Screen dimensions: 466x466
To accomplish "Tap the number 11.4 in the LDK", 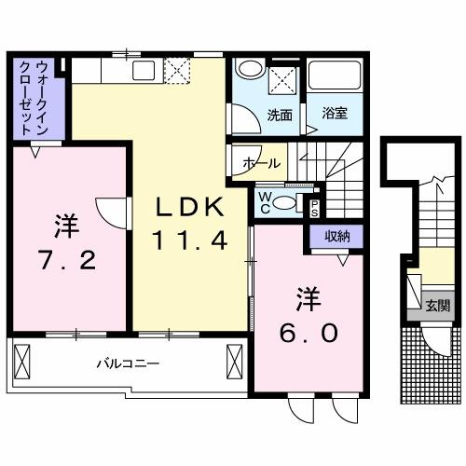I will tap(190, 241).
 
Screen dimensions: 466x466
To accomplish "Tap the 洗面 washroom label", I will tap(280, 116).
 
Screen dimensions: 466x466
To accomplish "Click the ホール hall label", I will tap(262, 163).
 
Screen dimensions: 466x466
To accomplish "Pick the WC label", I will tap(267, 201).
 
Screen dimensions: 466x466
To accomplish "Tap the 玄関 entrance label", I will tap(438, 305).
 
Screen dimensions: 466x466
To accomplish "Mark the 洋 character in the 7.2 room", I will tap(64, 225).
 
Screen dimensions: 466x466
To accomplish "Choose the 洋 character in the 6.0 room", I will tap(309, 300).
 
